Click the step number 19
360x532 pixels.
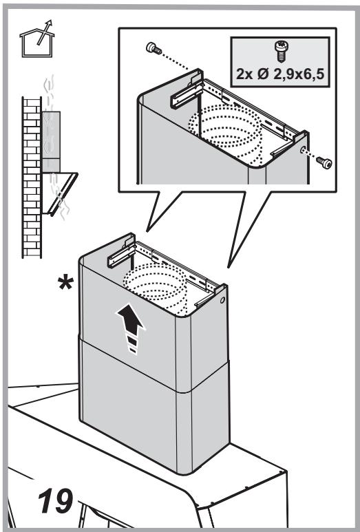[x=55, y=500]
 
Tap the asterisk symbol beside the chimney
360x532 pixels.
[x=65, y=284]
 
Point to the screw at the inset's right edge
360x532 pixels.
[x=324, y=162]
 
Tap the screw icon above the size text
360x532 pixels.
[x=281, y=51]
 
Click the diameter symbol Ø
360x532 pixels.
[x=262, y=74]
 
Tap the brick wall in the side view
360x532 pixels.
[x=32, y=177]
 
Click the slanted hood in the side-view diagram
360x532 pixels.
[x=60, y=193]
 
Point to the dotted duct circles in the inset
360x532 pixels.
[x=226, y=134]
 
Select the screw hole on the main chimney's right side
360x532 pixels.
[x=222, y=300]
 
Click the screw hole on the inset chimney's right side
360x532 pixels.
[x=303, y=149]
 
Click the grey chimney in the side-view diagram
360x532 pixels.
[x=51, y=142]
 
